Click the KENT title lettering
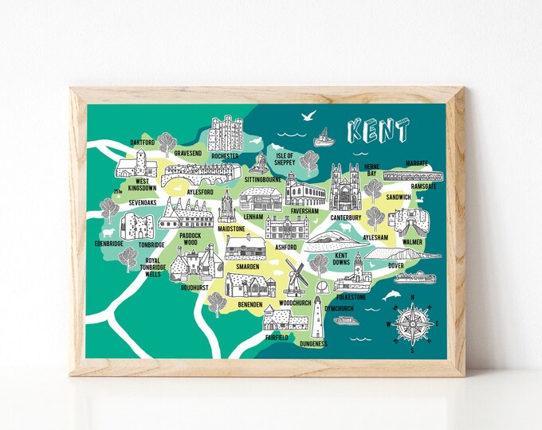(379, 131)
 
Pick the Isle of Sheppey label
(285, 159)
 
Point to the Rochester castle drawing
(225, 133)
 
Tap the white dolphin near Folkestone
(391, 295)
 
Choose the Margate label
(416, 163)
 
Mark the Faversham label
(305, 211)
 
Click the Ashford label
(285, 247)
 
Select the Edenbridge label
(110, 244)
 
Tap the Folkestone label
(351, 297)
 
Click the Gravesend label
(188, 151)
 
